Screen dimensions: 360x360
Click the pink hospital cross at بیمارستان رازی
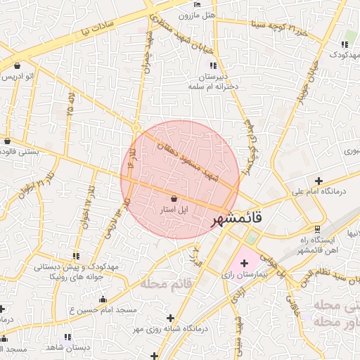[x=244, y=262]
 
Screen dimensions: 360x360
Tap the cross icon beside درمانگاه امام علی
[x=319, y=181]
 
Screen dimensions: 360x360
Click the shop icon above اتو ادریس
[x=16, y=65]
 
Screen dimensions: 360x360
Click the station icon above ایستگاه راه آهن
[x=318, y=229]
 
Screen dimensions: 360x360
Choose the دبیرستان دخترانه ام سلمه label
[x=215, y=81]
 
